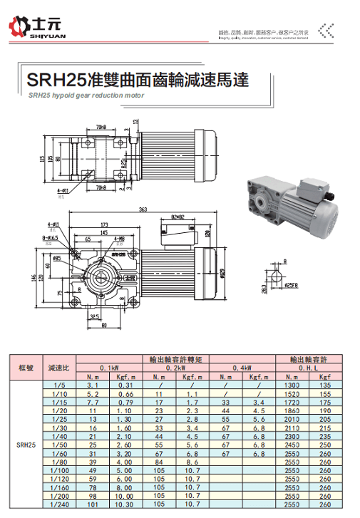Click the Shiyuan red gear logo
[18, 29]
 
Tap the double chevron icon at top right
[326, 30]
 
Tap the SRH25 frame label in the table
[23, 445]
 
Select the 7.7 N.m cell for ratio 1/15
[93, 403]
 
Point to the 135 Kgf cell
[326, 385]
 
